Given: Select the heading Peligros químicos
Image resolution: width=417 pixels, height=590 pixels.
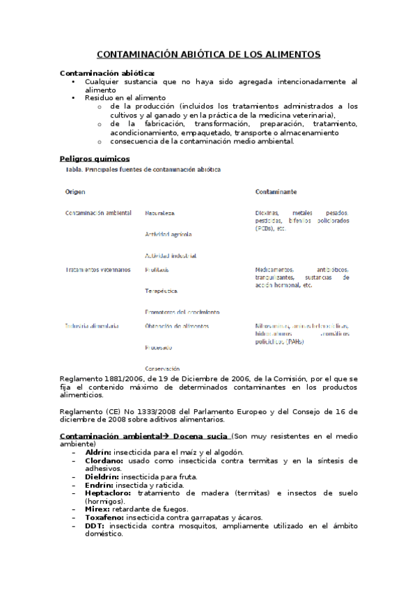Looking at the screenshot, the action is point(95,159).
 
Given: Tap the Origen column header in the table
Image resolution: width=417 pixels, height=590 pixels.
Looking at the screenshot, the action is point(75,191).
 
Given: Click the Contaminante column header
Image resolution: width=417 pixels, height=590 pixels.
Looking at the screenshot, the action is point(276,191).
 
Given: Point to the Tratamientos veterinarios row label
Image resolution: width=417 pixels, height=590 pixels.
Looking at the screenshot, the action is point(97,269).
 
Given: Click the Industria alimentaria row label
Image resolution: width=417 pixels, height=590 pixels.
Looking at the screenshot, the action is point(92,326).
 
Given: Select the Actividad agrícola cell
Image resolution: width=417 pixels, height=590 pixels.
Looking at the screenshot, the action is point(168,234).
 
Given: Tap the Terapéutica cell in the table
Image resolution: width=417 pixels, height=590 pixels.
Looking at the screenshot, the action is point(161,291).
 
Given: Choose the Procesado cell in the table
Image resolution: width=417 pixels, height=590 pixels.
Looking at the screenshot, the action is point(159,347).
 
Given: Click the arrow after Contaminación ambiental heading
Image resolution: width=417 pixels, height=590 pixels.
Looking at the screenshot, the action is point(157,436).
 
